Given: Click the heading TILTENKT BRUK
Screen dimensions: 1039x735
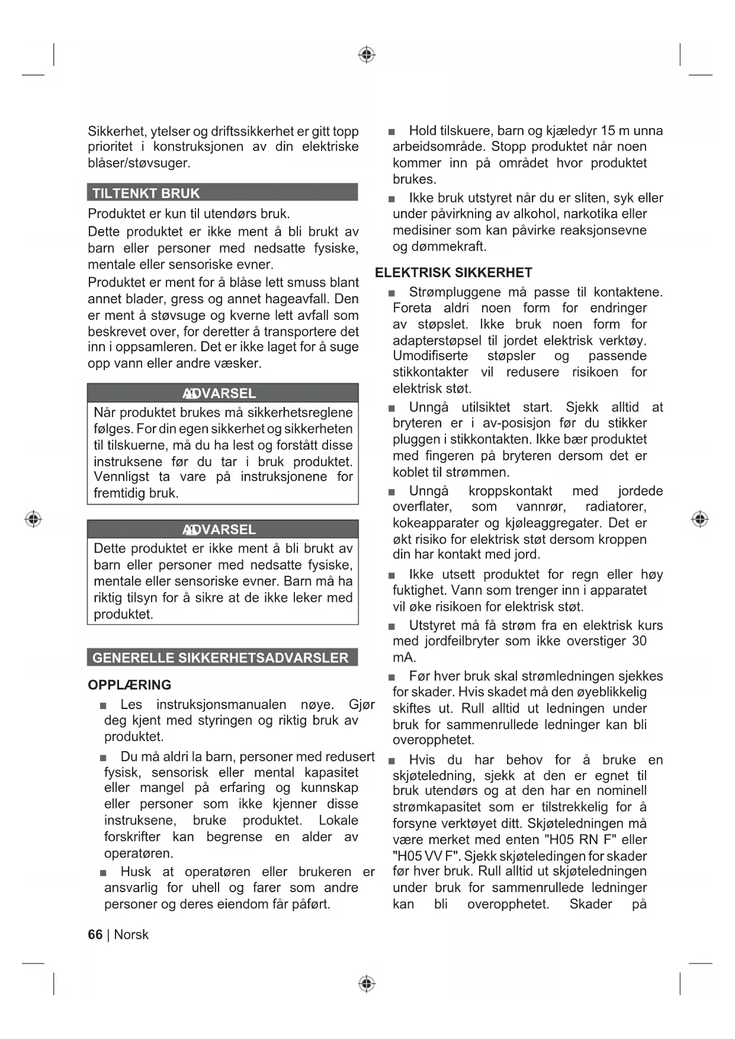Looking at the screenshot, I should [146, 193].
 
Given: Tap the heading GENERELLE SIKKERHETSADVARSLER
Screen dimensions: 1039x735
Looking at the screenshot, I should [220, 658].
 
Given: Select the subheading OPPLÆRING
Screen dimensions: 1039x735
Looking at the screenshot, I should [130, 685].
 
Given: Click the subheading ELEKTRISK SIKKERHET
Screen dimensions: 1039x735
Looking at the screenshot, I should [454, 272].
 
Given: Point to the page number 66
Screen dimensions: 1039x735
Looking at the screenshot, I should [95, 934].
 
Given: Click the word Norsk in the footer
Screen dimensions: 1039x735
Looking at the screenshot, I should [131, 934].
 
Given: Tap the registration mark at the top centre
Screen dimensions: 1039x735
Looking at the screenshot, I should [367, 55].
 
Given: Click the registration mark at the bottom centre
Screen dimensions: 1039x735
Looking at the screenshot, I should [367, 984].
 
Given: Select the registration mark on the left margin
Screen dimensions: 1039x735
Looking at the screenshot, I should [33, 519].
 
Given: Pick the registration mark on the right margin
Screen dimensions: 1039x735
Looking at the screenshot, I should [699, 519].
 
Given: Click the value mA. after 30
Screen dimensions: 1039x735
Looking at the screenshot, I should [405, 658].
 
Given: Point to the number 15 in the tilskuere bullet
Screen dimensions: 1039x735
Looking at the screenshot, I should [608, 131].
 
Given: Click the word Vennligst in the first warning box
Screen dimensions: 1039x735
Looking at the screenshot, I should [121, 477].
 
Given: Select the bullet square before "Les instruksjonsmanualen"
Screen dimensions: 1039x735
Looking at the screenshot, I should [104, 706].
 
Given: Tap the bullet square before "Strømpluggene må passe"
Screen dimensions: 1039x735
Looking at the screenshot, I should [391, 293].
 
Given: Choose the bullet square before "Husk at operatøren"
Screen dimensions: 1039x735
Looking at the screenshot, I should [104, 873].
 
